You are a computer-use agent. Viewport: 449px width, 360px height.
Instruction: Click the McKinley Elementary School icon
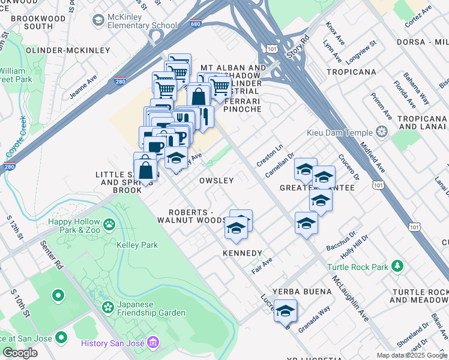tap(98, 20)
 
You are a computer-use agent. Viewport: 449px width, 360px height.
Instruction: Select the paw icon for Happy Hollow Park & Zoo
tap(109, 225)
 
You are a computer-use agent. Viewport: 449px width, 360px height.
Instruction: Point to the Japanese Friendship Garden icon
tap(108, 308)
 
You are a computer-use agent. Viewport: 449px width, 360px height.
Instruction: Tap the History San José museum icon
tap(153, 343)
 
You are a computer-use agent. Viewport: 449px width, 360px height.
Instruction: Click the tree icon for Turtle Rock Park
tap(397, 266)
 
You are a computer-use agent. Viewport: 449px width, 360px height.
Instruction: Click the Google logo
tap(20, 353)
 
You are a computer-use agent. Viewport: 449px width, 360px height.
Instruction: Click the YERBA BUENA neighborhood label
tap(302, 292)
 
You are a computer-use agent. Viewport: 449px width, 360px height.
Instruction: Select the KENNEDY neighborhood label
tap(242, 253)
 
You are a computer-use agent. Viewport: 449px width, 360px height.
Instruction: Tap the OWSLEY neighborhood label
tap(216, 181)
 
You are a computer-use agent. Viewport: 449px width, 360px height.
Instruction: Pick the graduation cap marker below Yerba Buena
tap(286, 312)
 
